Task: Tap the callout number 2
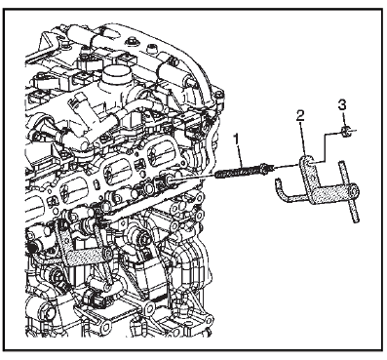click(x=300, y=115)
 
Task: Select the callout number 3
click(x=342, y=105)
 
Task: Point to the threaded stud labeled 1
click(x=242, y=171)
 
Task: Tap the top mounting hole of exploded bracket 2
click(x=309, y=162)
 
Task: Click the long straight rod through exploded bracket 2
click(x=349, y=192)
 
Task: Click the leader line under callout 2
click(x=302, y=140)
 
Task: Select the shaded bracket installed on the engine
click(x=81, y=247)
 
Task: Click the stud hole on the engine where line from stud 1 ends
click(x=168, y=179)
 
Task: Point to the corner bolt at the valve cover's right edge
click(x=220, y=95)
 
